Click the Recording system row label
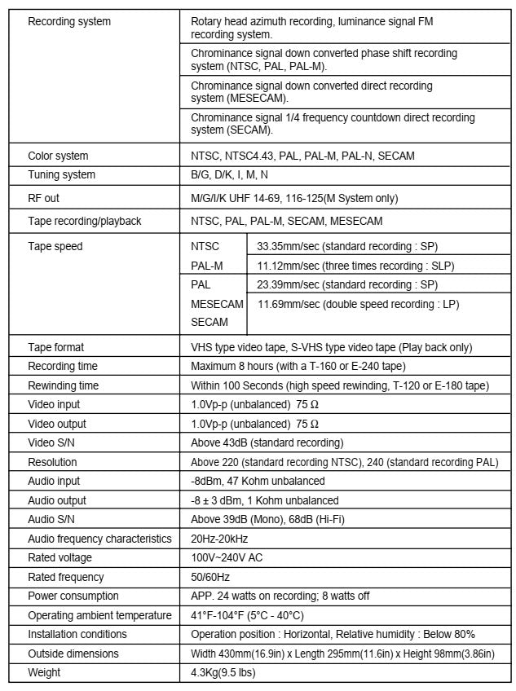pyautogui.click(x=69, y=21)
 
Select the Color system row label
pyautogui.click(x=58, y=156)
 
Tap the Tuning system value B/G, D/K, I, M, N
pyautogui.click(x=229, y=174)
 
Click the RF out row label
pyautogui.click(x=43, y=197)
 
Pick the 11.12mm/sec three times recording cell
pyautogui.click(x=355, y=266)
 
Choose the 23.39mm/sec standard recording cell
pyautogui.click(x=346, y=284)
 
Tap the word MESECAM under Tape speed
pyautogui.click(x=217, y=304)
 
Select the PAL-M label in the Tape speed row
pyautogui.click(x=207, y=266)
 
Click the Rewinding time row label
pyautogui.click(x=64, y=385)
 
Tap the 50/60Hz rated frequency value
pyautogui.click(x=210, y=577)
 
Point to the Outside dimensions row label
pyautogui.click(x=73, y=654)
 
